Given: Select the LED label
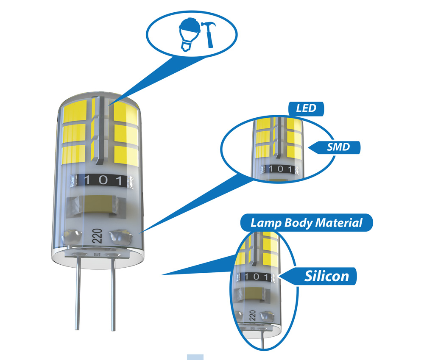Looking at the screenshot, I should coord(306,108).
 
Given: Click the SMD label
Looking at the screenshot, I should coord(338,147).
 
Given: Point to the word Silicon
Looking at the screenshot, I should coord(326,276).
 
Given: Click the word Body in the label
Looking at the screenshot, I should coord(298,223).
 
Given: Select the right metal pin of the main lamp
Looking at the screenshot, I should coord(113,296).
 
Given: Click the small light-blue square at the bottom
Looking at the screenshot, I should coord(195,357).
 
